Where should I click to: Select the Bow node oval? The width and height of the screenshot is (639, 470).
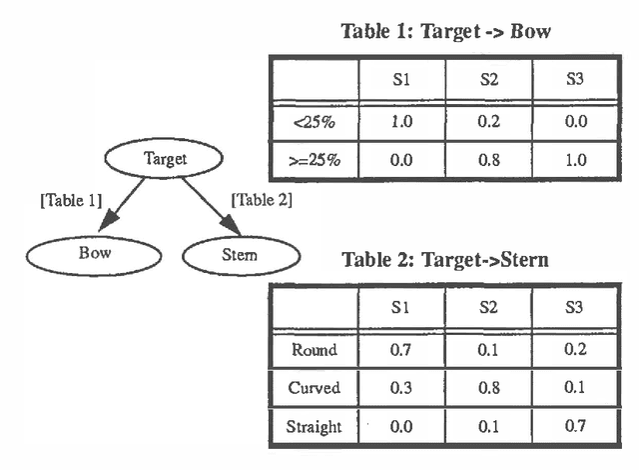point(95,254)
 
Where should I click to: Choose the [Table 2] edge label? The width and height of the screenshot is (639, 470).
point(262,200)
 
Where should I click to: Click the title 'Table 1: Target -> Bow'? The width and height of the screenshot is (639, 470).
point(446,31)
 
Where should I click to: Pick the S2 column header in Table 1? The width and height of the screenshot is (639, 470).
point(488,80)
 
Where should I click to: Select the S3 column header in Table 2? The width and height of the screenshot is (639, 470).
point(575,310)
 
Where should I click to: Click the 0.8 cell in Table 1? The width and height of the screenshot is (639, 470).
point(488,159)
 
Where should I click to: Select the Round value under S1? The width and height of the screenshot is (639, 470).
point(401,350)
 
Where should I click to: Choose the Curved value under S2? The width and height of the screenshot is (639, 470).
point(488,388)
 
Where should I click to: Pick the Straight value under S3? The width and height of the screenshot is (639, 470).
point(575,427)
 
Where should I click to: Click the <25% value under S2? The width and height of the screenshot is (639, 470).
point(488,122)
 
